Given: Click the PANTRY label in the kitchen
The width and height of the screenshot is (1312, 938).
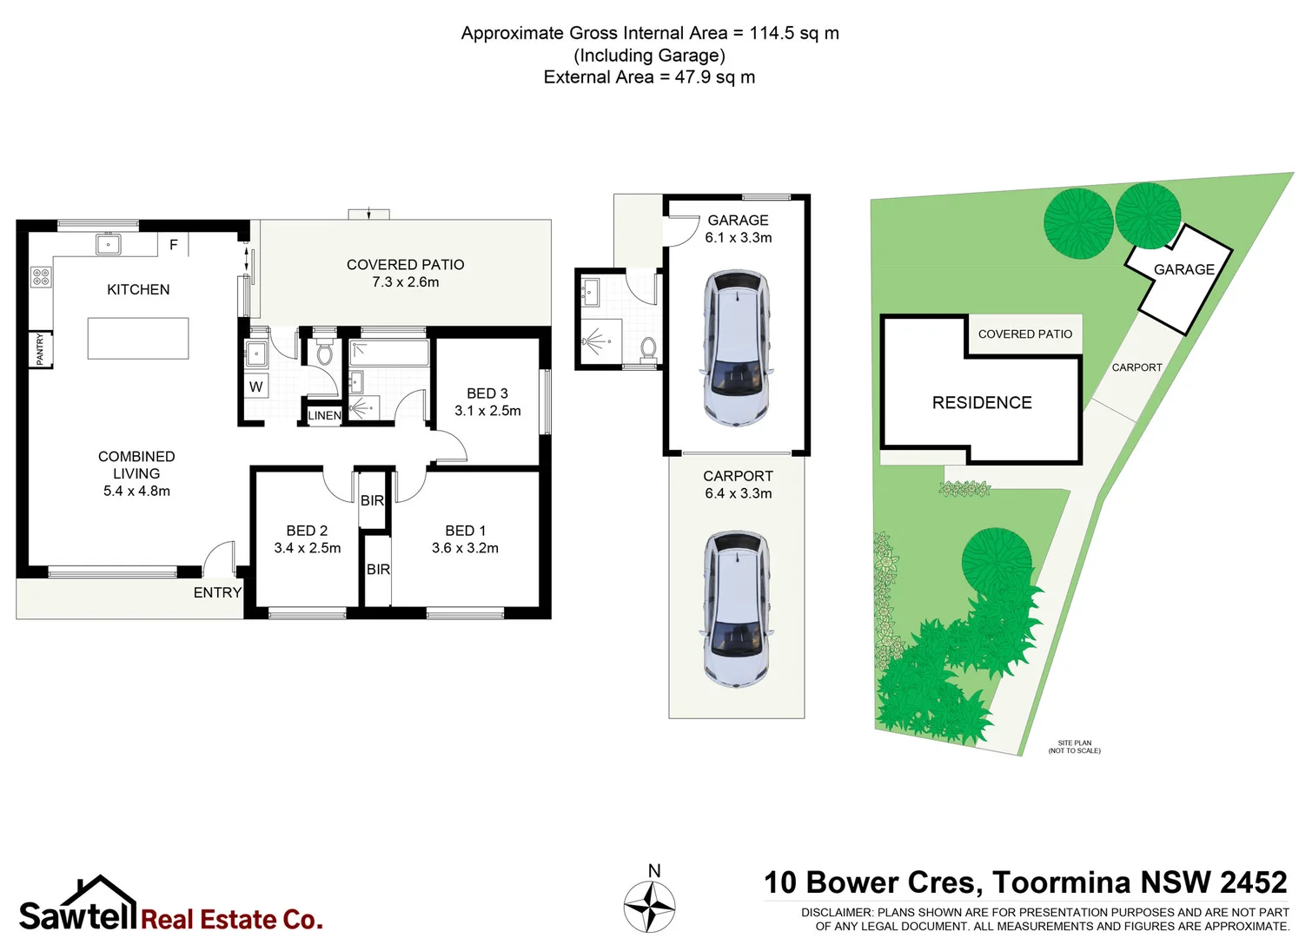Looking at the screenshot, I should click(x=40, y=349).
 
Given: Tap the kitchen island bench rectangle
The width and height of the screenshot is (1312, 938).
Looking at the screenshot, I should click(x=138, y=338).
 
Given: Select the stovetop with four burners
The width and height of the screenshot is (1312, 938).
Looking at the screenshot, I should click(x=41, y=277).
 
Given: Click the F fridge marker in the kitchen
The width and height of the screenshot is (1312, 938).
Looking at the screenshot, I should click(x=173, y=245).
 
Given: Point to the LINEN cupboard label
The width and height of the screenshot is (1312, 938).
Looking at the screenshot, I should click(x=324, y=416).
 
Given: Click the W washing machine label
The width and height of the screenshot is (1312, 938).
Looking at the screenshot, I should click(x=255, y=387).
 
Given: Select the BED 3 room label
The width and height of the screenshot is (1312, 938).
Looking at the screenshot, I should click(x=487, y=393).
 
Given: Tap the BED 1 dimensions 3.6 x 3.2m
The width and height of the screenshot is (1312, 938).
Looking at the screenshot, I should click(x=465, y=548).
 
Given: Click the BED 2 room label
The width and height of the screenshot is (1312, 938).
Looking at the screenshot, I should click(x=307, y=531).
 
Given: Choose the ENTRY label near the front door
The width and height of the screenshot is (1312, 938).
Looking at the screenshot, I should click(x=217, y=592).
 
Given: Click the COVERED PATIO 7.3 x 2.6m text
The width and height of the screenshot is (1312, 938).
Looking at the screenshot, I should click(x=405, y=273).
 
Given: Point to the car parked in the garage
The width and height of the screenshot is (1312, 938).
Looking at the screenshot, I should click(x=737, y=347).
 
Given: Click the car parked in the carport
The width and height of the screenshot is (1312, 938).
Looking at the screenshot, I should click(x=737, y=609).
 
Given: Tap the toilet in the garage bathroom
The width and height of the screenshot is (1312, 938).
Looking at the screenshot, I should click(x=648, y=349).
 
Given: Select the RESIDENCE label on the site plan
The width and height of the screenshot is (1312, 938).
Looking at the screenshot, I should click(x=982, y=403).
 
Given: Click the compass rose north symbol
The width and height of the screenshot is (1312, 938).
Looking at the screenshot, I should click(x=650, y=905).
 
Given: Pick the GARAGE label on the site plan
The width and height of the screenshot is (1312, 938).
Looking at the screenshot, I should click(x=1183, y=269).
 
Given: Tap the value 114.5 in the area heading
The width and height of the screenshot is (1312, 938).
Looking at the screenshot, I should click(x=772, y=33).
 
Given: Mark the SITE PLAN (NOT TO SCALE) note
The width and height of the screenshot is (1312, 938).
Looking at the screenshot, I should click(x=1074, y=747).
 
